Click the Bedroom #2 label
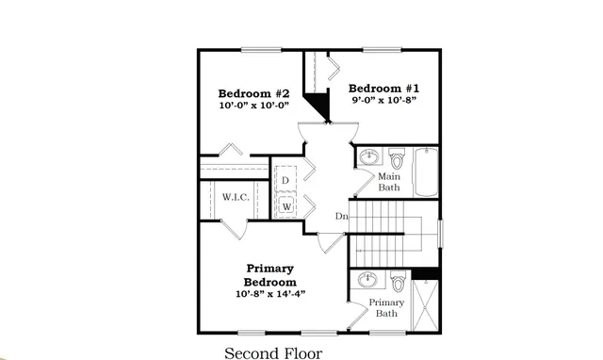point(253,93)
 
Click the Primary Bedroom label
point(270,275)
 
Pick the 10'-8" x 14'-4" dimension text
point(270,294)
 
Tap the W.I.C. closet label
point(235,197)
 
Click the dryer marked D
point(285,180)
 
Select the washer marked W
point(285,205)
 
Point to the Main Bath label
point(389,182)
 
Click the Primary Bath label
point(385,308)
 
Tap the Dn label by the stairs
point(341,217)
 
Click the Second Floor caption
point(272,353)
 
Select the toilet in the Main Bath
point(397,157)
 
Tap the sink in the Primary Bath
point(368,280)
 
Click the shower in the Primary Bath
point(426,306)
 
